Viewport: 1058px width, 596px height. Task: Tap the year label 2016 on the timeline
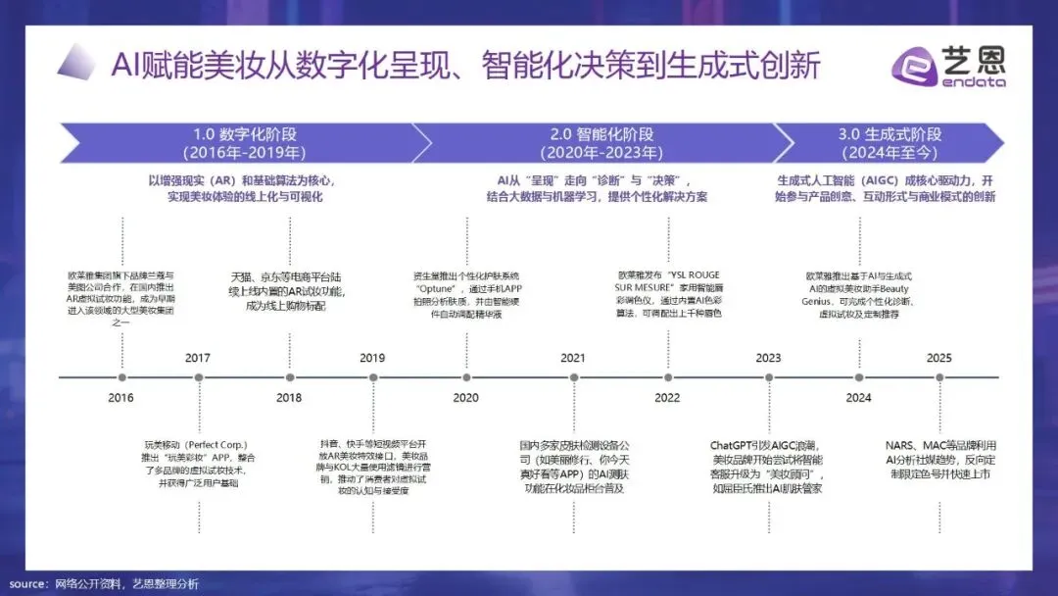tap(120, 398)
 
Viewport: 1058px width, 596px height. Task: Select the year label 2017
tap(198, 358)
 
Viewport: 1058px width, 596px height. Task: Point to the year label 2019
tap(372, 358)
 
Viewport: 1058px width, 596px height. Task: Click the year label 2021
tap(573, 358)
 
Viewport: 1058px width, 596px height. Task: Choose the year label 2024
tap(858, 398)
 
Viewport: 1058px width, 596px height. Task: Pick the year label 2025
tap(938, 358)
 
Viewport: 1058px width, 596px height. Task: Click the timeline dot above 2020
tap(466, 377)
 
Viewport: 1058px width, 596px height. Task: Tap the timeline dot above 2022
tap(667, 377)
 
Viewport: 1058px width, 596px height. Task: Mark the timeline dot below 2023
tap(769, 377)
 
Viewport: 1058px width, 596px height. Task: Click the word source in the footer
tap(28, 584)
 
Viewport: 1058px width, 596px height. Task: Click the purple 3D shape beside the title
tap(75, 64)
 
